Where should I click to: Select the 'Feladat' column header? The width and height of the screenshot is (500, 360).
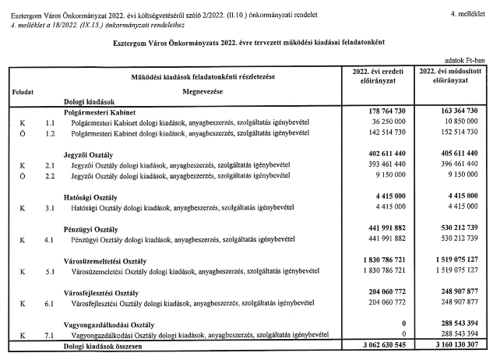point(23,92)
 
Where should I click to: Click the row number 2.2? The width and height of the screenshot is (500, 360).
point(50,176)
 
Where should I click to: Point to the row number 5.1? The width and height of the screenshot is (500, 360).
point(50,270)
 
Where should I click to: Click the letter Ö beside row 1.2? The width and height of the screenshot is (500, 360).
point(22,133)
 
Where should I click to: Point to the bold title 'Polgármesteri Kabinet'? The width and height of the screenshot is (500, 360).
point(106,112)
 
